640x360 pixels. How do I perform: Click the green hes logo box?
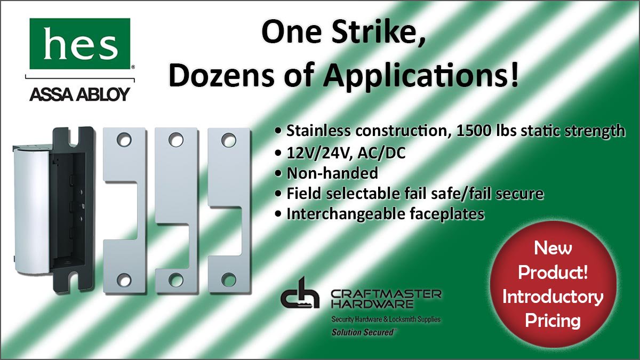click(x=80, y=44)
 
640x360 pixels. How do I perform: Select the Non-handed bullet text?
click(x=332, y=173)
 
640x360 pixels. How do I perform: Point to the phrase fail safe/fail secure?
click(x=470, y=193)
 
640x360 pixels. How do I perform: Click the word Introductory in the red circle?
click(x=553, y=297)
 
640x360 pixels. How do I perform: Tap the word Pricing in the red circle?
click(x=553, y=320)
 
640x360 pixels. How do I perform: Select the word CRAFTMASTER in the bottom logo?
click(x=386, y=294)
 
